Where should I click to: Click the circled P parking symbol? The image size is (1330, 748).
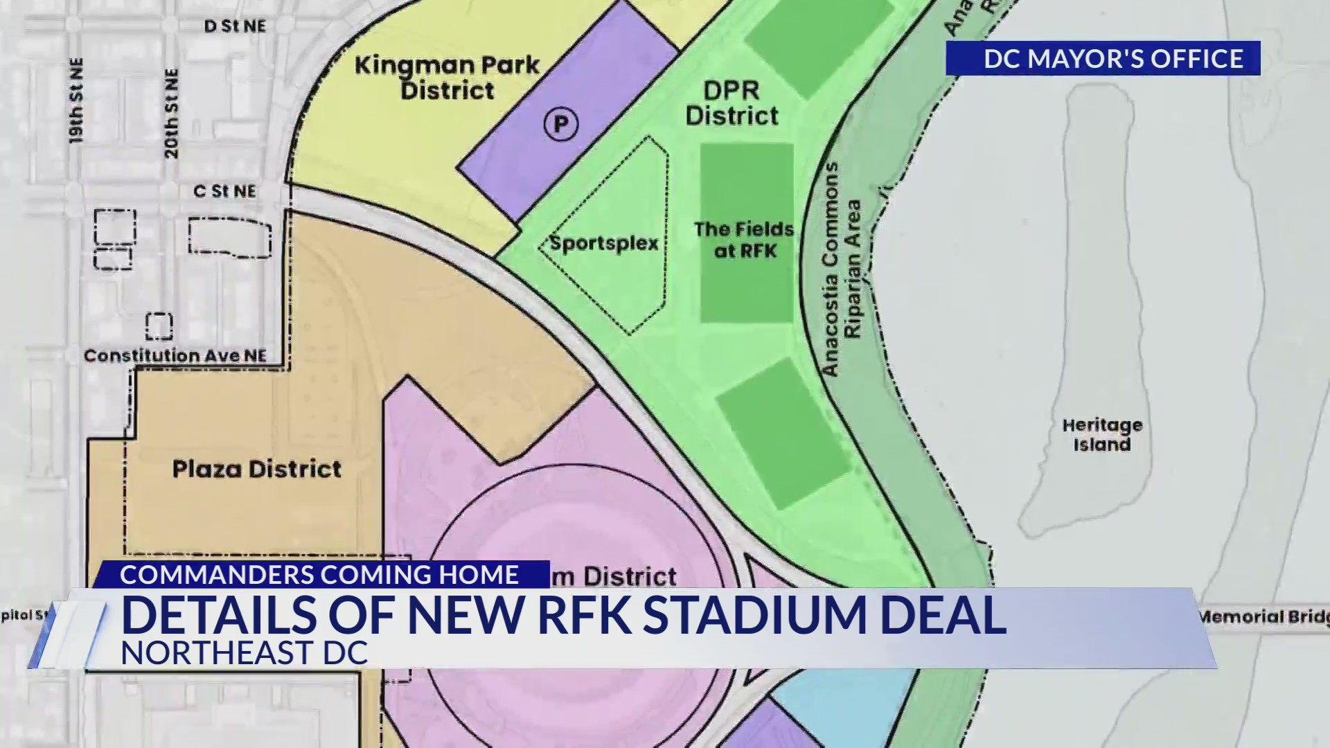click(560, 125)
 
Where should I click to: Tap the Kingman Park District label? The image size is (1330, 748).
click(447, 78)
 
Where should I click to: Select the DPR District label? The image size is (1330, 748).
click(731, 103)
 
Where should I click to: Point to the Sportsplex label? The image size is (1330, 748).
click(603, 243)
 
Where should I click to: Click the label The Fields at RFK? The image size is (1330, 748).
click(744, 240)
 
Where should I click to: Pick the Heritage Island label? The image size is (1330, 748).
click(1102, 434)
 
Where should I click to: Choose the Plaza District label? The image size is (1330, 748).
click(256, 469)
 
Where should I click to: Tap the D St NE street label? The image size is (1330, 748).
click(235, 26)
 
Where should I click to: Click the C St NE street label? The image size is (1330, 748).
click(224, 191)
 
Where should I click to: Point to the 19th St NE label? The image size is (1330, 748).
click(76, 101)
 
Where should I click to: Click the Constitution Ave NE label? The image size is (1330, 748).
click(175, 356)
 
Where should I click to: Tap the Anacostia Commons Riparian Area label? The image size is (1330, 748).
click(841, 270)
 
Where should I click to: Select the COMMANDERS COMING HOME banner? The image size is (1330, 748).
click(319, 575)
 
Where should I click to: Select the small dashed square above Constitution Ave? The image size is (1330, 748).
click(159, 326)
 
